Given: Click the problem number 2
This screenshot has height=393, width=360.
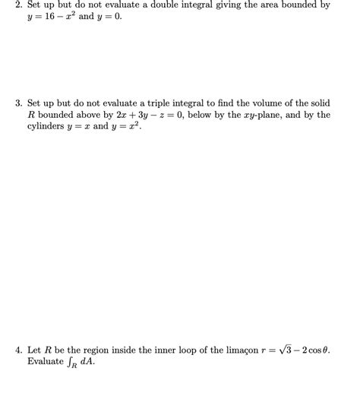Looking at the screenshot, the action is click(18, 5).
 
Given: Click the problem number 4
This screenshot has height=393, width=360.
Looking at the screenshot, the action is click(18, 350).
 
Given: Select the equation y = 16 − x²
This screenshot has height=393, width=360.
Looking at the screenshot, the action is click(53, 17).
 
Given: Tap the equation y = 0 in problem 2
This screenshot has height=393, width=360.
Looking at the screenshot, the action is click(107, 17).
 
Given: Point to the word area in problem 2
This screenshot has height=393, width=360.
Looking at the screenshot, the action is click(270, 5).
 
